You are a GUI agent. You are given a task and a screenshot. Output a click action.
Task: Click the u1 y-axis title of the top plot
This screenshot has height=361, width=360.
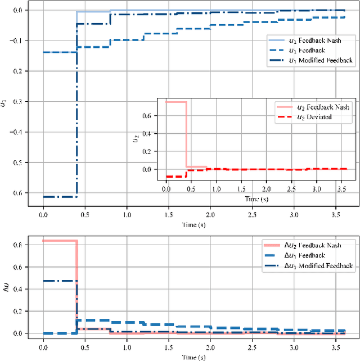pyautogui.click(x=4, y=102)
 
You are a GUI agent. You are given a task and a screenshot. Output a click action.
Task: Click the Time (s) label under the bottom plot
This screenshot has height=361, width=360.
pyautogui.click(x=193, y=357)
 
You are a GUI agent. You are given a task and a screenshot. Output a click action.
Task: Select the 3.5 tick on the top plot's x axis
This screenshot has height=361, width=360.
pyautogui.click(x=336, y=215)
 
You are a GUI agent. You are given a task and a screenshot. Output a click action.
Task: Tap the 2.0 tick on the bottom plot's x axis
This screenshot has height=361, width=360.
pyautogui.click(x=210, y=348)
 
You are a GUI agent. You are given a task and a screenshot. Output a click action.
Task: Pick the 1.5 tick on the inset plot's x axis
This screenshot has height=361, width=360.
pyautogui.click(x=241, y=189)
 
